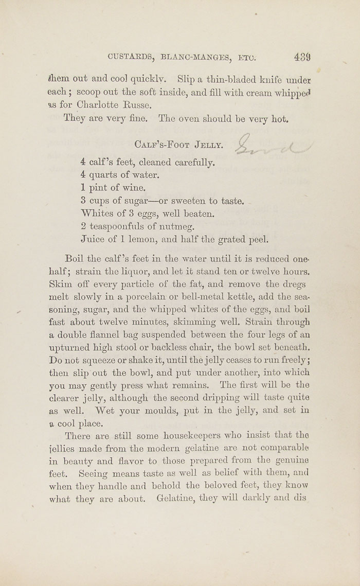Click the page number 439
(302, 57)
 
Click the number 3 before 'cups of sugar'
(83, 201)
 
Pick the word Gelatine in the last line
(177, 499)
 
